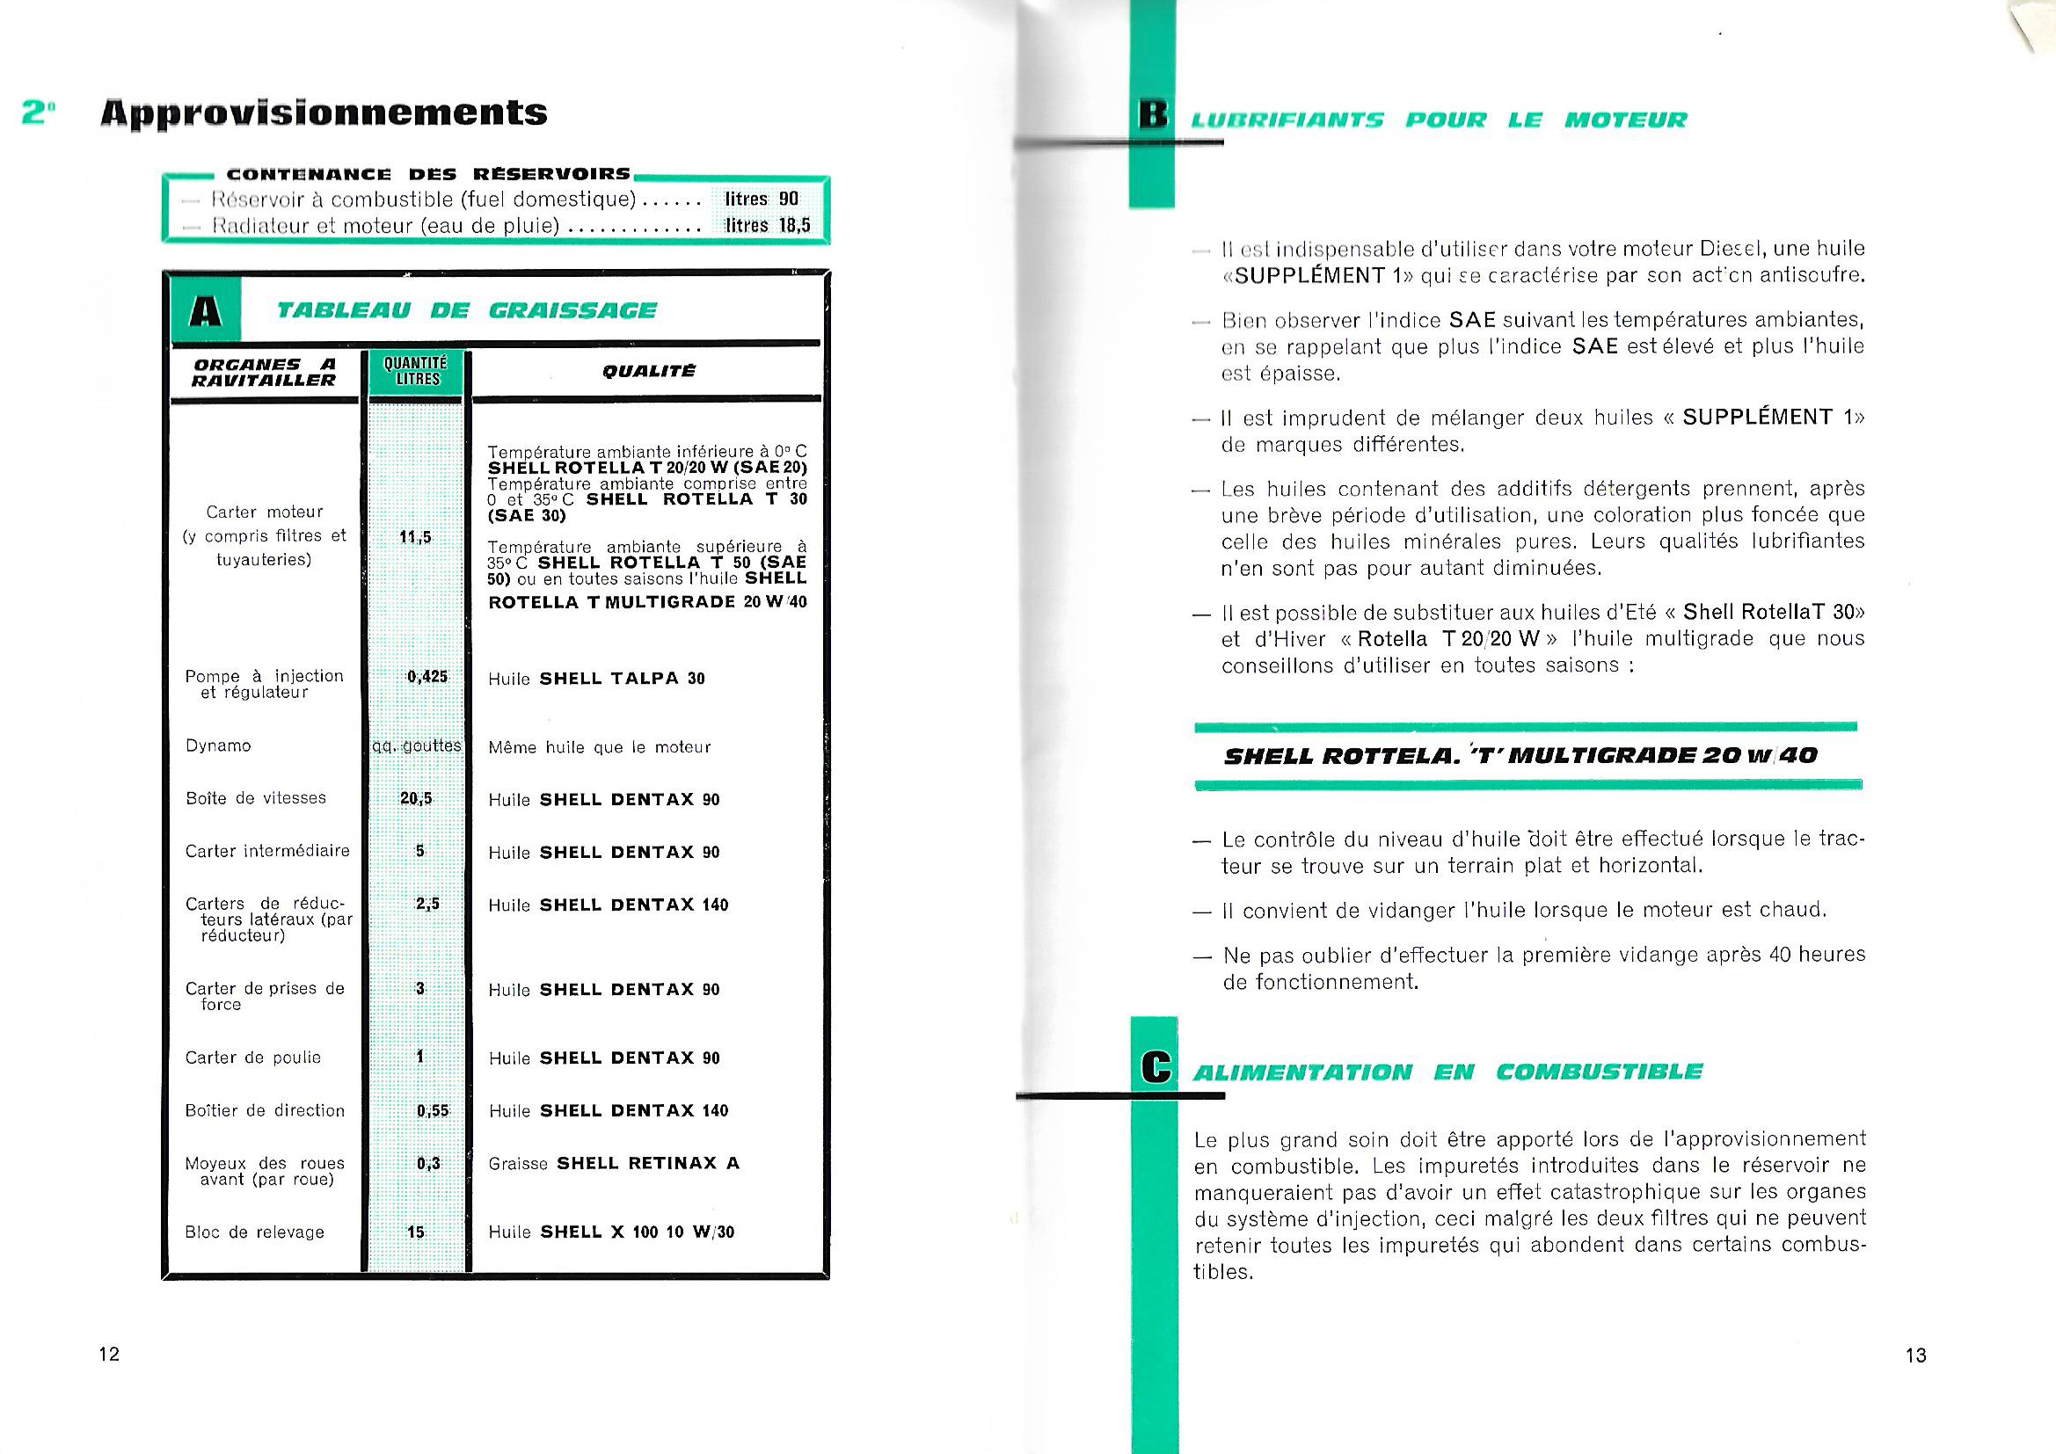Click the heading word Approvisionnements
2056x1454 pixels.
point(324,113)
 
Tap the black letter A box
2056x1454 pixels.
point(206,310)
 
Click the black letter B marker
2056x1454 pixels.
point(1153,117)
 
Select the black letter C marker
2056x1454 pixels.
point(1156,1068)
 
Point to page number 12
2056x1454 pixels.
point(109,1354)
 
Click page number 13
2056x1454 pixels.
point(1915,1356)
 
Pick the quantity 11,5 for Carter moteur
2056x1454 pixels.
point(415,537)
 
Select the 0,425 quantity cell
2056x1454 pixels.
point(427,677)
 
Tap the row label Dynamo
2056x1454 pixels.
point(217,745)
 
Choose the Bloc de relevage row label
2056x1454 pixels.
point(254,1232)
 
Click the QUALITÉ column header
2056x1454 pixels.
point(648,371)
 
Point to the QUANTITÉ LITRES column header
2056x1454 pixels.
point(414,372)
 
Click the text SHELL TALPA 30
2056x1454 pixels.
point(623,679)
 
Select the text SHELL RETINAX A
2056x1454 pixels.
point(648,1163)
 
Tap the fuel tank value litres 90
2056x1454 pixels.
point(762,199)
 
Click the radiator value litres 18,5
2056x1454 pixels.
point(768,226)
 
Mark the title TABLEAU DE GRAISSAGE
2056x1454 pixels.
point(466,310)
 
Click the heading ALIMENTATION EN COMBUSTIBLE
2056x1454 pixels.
point(1447,1072)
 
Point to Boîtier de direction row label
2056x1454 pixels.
point(264,1110)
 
